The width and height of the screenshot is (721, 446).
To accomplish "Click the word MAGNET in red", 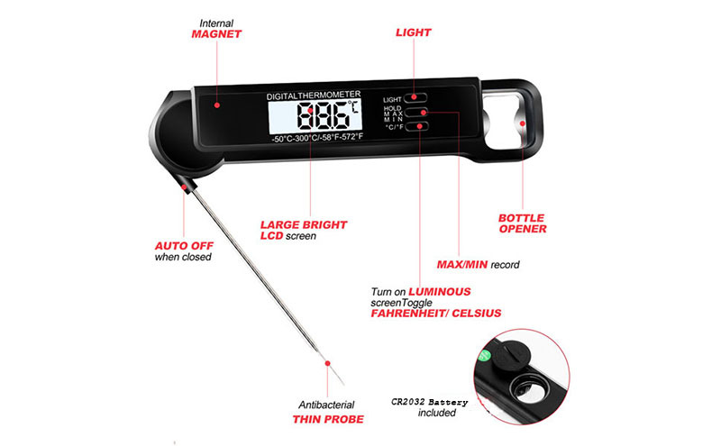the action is coord(216,34).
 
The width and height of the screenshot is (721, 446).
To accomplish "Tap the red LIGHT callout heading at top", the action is coord(414,32).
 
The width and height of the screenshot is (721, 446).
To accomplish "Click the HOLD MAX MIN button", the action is coord(417,113).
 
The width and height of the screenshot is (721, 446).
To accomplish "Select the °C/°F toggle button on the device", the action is coord(417,126).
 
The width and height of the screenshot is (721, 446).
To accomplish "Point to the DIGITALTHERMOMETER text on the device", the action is coord(314,96).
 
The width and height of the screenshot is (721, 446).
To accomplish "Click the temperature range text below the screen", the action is coord(317,138).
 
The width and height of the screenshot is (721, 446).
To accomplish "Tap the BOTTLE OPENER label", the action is coord(523,223).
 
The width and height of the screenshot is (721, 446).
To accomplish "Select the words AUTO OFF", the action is coord(184,246).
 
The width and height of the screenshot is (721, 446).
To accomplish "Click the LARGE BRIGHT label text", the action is coord(304,225).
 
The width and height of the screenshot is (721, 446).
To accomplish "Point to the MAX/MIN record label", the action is coord(479,265).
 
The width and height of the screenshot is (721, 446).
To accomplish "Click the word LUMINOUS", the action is coord(440,292).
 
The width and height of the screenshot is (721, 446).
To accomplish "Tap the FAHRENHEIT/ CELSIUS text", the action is coord(436,314).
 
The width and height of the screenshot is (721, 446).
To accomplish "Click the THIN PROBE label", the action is coord(328,419).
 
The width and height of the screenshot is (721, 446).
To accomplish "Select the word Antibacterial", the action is coord(326,405).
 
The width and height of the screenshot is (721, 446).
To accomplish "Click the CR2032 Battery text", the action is coord(430,403).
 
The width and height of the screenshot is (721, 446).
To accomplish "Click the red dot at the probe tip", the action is coord(327,363).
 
